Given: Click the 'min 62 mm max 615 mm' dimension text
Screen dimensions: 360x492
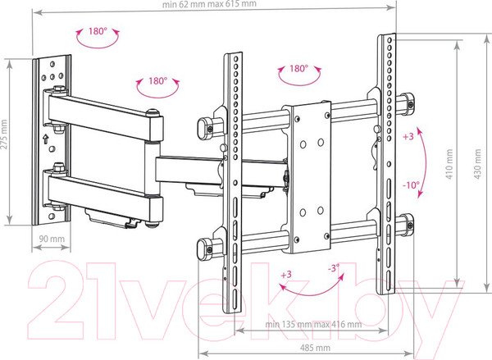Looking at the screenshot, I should tap(210, 5).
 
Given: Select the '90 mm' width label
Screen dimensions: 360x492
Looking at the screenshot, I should tap(52, 238).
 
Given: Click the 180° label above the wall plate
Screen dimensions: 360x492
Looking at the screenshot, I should tap(98, 32).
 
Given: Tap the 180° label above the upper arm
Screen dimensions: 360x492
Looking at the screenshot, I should tap(158, 82).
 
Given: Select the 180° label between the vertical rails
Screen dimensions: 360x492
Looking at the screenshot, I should tap(298, 71).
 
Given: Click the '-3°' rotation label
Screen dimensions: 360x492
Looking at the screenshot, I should tap(333, 268).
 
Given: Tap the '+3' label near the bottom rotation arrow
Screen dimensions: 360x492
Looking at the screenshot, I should tap(285, 273).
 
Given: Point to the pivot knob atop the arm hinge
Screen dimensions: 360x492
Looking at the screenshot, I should tap(152, 113).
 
